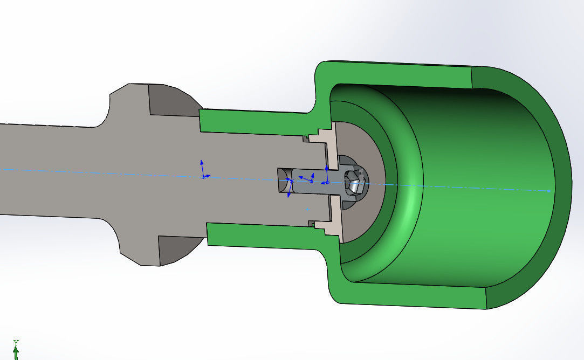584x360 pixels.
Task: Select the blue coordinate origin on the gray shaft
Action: (x=203, y=176)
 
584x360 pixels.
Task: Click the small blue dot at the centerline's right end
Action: (x=548, y=191)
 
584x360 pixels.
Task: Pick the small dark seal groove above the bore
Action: (x=306, y=139)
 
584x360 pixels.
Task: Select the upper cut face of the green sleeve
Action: (x=253, y=122)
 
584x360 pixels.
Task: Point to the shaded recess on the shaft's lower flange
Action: (x=175, y=250)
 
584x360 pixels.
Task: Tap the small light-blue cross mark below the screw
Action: (x=307, y=208)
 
